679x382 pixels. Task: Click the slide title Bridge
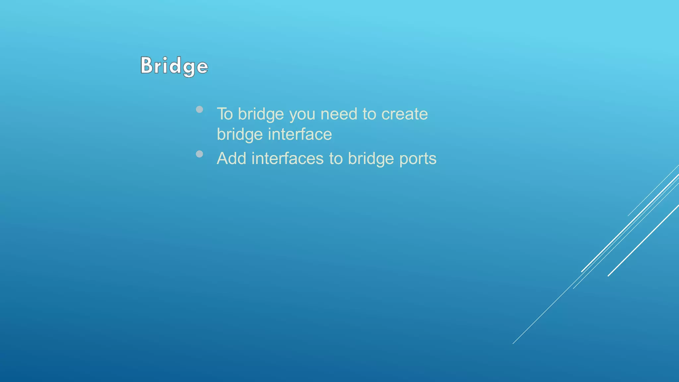174,66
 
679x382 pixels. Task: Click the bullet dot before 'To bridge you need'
199,109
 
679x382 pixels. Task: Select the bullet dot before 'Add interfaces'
199,154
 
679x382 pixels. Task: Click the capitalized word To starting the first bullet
225,114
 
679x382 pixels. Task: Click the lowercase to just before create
369,114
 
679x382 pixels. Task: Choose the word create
404,114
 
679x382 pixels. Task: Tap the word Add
231,159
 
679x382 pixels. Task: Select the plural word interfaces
287,159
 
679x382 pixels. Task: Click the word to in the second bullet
336,159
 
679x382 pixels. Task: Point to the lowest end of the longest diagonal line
513,343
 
